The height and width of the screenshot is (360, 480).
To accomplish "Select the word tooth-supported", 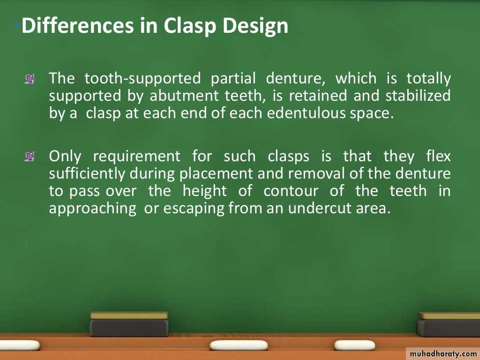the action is pos(142,79).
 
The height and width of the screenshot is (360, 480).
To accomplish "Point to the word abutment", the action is pos(184,96).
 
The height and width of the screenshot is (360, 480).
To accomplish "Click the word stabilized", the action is pos(418,96).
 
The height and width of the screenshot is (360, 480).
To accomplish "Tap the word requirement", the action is pos(136,157).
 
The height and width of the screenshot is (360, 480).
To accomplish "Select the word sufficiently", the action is pos(87,174).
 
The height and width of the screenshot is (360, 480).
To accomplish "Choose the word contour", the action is pos(291,191).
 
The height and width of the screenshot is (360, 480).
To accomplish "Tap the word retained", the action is pos(318,96).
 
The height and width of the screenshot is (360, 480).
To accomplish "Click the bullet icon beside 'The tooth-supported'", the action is pos(30,79).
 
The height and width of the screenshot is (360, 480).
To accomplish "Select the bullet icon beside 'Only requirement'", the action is pos(30,157).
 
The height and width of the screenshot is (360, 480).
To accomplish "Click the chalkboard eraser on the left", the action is pos(129,324).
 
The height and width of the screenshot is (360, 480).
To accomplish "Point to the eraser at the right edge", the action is pos(449,324).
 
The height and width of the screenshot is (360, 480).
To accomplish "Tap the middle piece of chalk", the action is pos(239,345).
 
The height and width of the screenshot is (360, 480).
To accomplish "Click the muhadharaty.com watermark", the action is pos(443,354).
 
